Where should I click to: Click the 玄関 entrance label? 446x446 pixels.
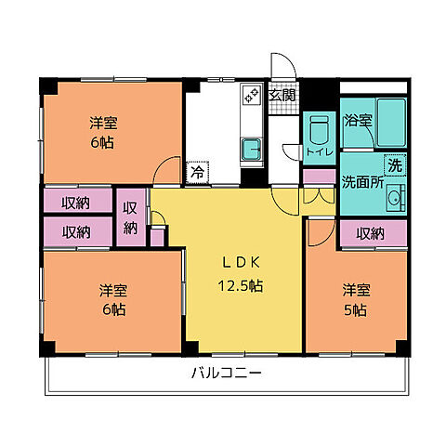pos(282,94)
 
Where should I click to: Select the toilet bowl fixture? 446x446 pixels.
pos(317,128)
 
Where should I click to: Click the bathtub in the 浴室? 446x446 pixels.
pos(390,119)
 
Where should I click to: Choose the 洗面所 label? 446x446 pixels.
pos(362,181)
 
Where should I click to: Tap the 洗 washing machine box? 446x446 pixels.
pos(394,166)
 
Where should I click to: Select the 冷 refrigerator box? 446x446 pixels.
pos(197,171)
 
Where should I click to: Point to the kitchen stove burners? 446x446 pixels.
pos(251,94)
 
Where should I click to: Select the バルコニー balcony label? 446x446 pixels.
pos(226,374)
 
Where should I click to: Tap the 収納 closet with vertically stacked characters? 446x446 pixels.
pos(131,217)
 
